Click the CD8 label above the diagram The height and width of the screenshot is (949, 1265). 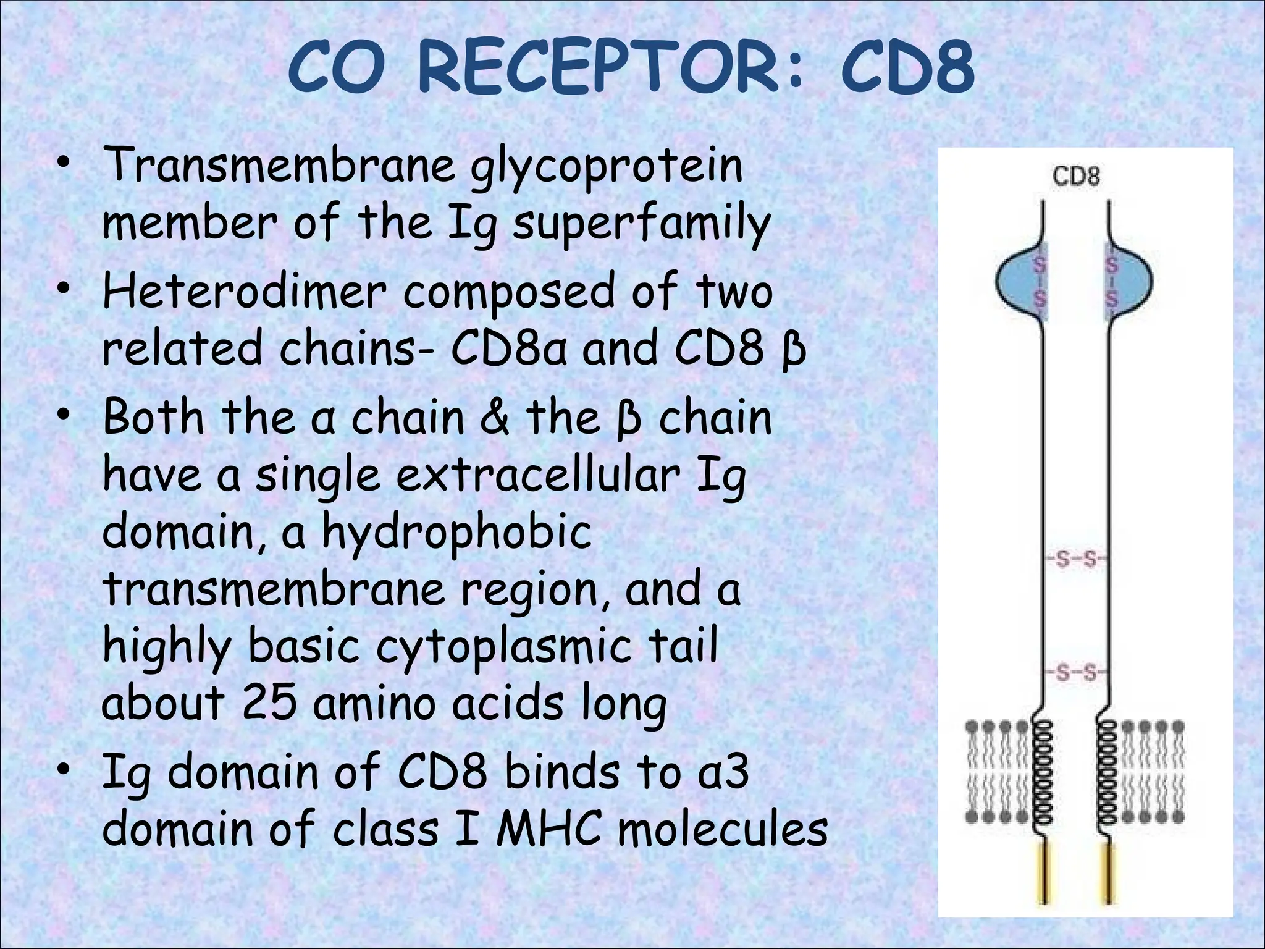pyautogui.click(x=1076, y=177)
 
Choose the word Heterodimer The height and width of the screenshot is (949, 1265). pyautogui.click(x=245, y=292)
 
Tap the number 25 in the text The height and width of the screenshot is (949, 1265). pyautogui.click(x=269, y=702)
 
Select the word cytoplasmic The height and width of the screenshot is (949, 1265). pyautogui.click(x=503, y=646)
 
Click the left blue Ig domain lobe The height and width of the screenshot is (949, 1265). pyautogui.click(x=1020, y=282)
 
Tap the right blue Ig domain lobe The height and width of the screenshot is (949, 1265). pyautogui.click(x=1130, y=282)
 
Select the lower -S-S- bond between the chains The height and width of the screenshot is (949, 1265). pyautogui.click(x=1076, y=672)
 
